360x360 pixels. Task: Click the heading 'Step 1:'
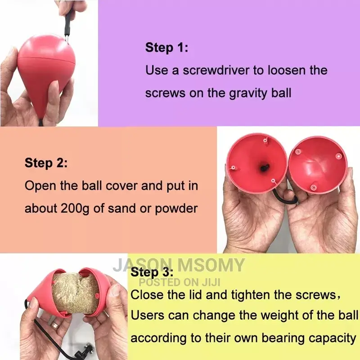166,48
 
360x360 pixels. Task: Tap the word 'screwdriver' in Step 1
216,70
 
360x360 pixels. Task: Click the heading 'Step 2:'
46,163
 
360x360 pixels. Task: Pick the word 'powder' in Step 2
176,209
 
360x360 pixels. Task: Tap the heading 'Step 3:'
152,273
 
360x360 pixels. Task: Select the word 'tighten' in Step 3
250,295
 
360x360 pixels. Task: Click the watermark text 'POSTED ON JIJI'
180,282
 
